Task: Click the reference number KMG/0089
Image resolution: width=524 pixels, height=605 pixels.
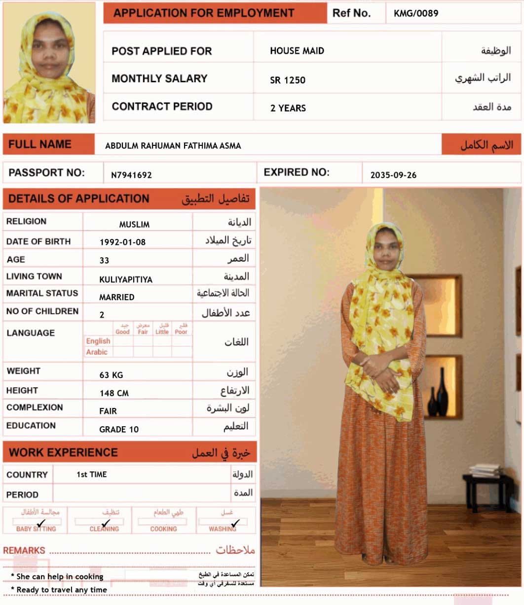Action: (x=415, y=13)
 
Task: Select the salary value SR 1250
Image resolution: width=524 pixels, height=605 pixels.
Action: (x=288, y=80)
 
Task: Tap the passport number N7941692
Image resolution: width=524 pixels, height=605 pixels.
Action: (x=131, y=175)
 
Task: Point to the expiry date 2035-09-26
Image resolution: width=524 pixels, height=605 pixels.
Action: (x=393, y=175)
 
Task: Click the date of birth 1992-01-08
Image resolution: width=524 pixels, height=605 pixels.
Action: (x=122, y=242)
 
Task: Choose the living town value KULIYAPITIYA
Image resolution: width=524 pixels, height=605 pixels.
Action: (x=126, y=279)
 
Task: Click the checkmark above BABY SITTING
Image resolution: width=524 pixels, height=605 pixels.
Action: (x=41, y=523)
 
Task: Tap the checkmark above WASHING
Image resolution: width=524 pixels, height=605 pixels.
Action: (x=235, y=523)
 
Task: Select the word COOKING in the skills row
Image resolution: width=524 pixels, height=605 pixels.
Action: (x=163, y=529)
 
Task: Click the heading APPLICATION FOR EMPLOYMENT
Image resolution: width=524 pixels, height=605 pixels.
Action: (x=204, y=13)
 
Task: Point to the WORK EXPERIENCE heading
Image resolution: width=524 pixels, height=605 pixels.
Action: (x=63, y=453)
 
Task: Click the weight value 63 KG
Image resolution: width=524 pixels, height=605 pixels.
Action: (x=111, y=375)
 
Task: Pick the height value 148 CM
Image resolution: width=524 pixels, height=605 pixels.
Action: (x=114, y=393)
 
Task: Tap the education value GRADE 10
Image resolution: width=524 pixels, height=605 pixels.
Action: (x=119, y=429)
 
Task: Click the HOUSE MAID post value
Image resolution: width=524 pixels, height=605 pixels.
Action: (x=297, y=51)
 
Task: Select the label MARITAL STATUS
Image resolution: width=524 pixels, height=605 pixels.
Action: (x=42, y=293)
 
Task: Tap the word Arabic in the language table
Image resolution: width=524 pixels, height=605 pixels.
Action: (x=97, y=352)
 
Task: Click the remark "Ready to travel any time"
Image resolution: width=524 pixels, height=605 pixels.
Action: (x=61, y=590)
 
